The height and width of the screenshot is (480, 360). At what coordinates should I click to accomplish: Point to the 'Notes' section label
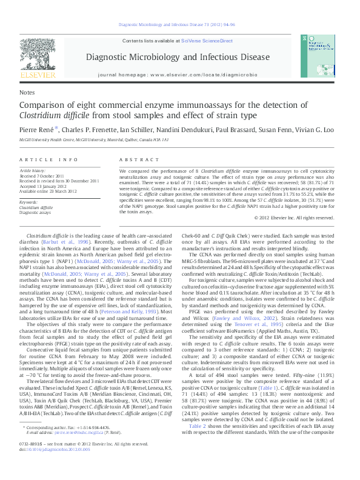click(27, 93)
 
